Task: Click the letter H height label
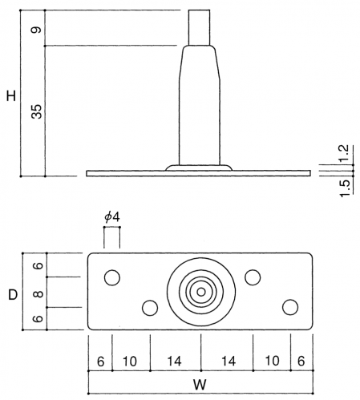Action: [11, 96]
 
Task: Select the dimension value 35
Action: [37, 111]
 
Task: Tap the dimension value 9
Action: [36, 30]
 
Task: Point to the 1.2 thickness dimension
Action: [344, 153]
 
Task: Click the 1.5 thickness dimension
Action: [345, 188]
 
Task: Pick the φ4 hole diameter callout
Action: [112, 217]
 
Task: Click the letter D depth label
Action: [13, 295]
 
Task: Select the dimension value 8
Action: [38, 294]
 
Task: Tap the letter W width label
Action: [200, 385]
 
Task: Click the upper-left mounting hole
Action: [112, 277]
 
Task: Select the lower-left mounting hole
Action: [150, 308]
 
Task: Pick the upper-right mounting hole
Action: [253, 277]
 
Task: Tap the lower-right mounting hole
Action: [290, 307]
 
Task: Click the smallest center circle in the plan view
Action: [201, 292]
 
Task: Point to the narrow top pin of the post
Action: [199, 27]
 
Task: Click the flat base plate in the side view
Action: [198, 173]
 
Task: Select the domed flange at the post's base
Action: [199, 168]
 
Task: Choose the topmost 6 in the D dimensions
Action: [38, 265]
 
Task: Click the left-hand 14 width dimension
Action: [174, 362]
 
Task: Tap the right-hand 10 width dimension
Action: [272, 361]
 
